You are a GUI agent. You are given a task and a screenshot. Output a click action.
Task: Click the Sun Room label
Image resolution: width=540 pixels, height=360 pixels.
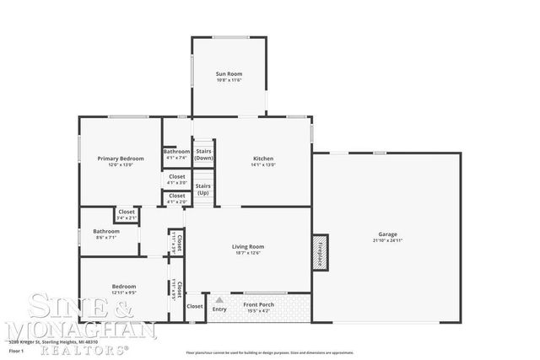pyautogui.click(x=229, y=74)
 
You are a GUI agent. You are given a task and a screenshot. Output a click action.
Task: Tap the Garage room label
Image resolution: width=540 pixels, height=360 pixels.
pyautogui.click(x=387, y=234)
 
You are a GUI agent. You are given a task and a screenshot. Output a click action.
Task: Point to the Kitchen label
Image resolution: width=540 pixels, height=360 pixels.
pyautogui.click(x=263, y=159)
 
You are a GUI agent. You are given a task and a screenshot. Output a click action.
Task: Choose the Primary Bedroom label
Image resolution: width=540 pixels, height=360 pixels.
pyautogui.click(x=120, y=159)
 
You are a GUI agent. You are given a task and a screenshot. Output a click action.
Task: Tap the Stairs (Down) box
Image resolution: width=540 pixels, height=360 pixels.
pyautogui.click(x=203, y=155)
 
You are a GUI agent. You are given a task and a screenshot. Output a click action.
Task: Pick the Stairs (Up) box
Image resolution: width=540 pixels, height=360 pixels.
pyautogui.click(x=202, y=189)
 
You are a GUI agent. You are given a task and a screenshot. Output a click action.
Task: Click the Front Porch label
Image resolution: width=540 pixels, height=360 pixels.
pyautogui.click(x=257, y=304)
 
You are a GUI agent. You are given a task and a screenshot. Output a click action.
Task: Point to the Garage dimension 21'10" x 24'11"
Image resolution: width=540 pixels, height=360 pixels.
pyautogui.click(x=387, y=240)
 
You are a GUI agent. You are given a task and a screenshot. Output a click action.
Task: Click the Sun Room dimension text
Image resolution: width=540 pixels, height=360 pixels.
pyautogui.click(x=229, y=81)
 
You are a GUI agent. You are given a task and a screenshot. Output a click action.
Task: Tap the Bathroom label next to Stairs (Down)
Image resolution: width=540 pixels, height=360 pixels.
pyautogui.click(x=176, y=152)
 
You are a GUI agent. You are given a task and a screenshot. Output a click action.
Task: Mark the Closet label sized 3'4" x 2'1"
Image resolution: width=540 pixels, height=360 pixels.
pyautogui.click(x=127, y=212)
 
